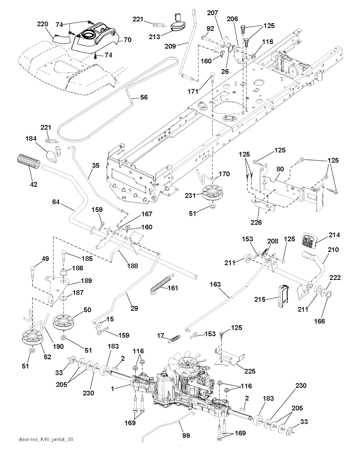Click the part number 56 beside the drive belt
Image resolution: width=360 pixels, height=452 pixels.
tap(144, 97)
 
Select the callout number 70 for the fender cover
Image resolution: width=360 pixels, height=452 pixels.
tap(128, 39)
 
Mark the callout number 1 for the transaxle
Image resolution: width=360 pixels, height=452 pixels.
tap(112, 389)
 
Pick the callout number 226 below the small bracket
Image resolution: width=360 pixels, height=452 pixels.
tap(256, 222)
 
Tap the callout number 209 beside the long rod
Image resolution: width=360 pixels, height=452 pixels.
tap(170, 46)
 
